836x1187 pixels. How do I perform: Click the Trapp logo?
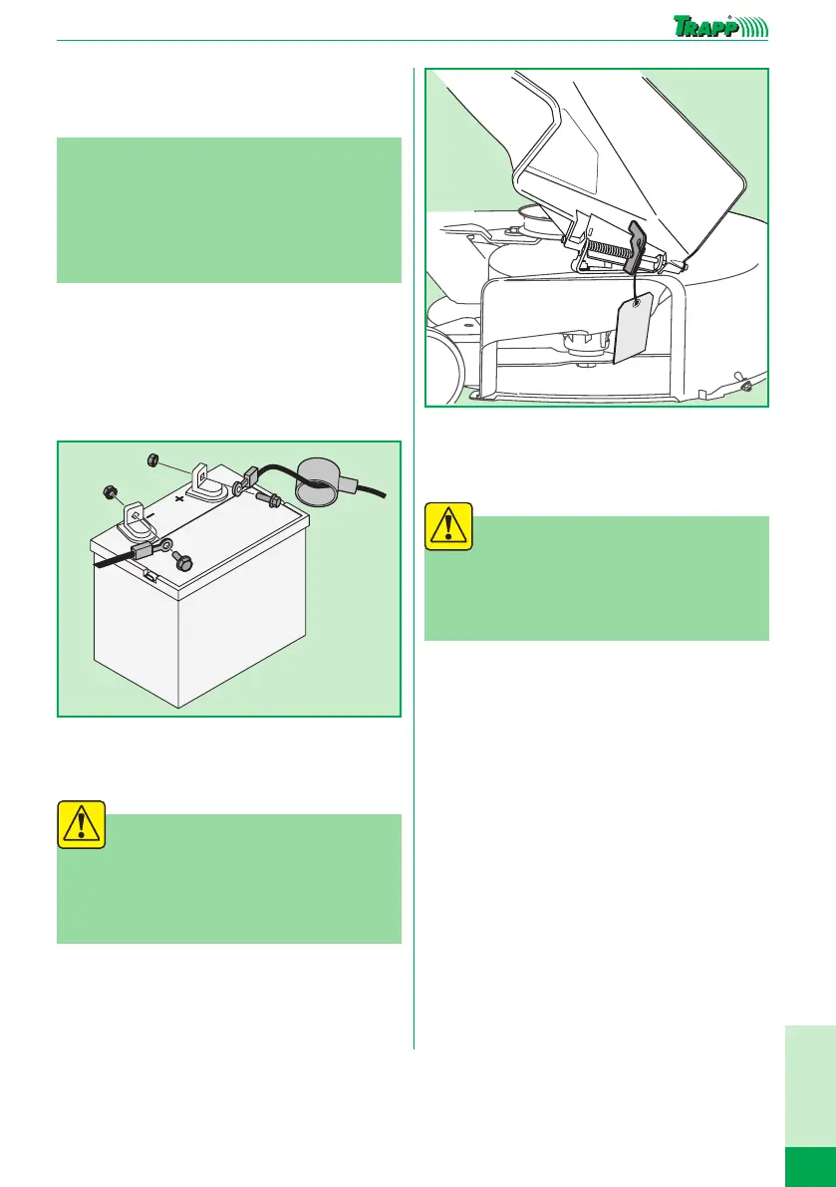[x=720, y=27]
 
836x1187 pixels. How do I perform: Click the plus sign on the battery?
[x=179, y=499]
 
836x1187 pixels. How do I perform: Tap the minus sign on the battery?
[x=150, y=515]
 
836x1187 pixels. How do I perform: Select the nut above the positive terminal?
[x=151, y=458]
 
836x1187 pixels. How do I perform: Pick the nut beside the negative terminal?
[x=109, y=492]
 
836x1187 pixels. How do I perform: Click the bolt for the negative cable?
[x=182, y=562]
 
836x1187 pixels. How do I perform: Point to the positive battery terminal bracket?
[x=202, y=480]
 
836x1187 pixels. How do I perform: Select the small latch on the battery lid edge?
[x=150, y=577]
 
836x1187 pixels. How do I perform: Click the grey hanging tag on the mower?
[x=635, y=326]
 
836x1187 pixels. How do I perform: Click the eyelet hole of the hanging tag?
[x=636, y=303]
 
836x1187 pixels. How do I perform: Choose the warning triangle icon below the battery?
[x=82, y=823]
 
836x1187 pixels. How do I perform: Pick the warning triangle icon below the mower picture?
[x=449, y=526]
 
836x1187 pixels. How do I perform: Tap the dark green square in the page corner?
[x=810, y=1166]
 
